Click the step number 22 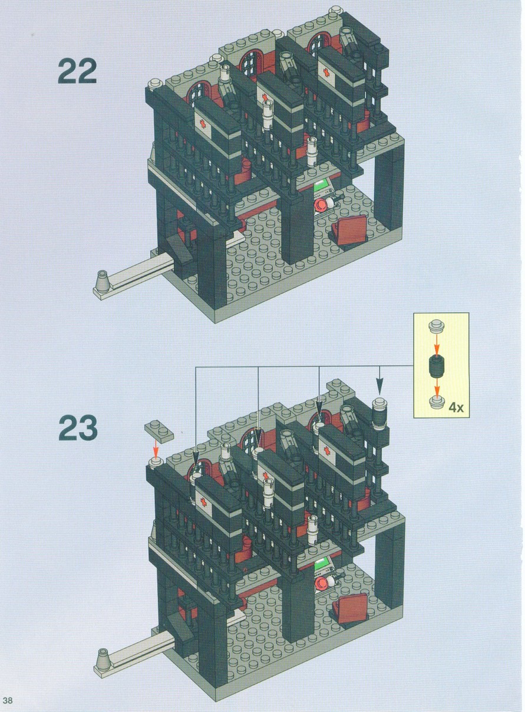(x=77, y=71)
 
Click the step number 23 (x=78, y=428)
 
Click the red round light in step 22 (x=321, y=205)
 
